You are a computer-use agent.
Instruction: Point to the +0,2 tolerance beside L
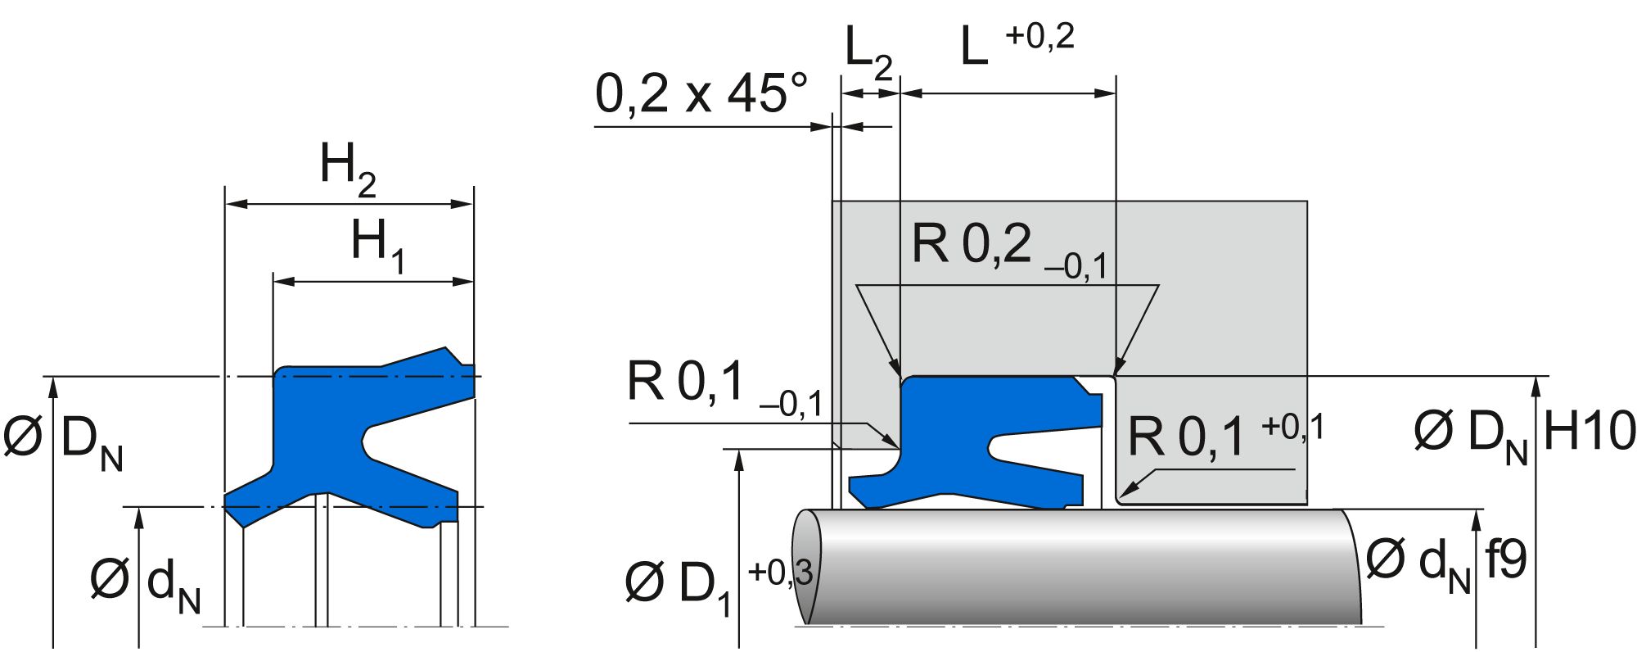pyautogui.click(x=1039, y=38)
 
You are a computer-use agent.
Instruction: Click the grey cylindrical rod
pyautogui.click(x=1080, y=565)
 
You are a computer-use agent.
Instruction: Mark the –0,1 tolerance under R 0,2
pyautogui.click(x=1076, y=267)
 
